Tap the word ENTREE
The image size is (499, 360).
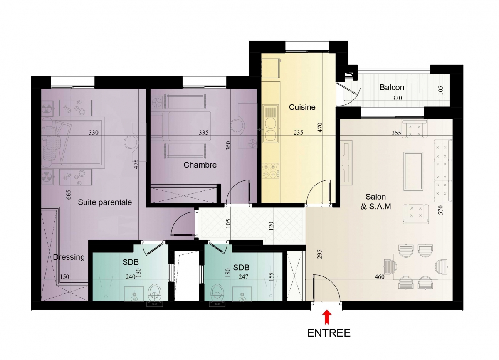pyautogui.click(x=329, y=333)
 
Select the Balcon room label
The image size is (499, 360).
pyautogui.click(x=392, y=87)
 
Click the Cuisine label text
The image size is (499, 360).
pyautogui.click(x=302, y=107)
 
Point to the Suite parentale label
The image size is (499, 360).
pyautogui.click(x=105, y=202)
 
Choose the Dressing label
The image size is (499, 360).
pyautogui.click(x=69, y=257)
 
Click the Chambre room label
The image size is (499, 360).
pyautogui.click(x=200, y=165)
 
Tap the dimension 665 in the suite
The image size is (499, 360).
pyautogui.click(x=69, y=195)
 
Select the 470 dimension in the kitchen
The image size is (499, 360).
pyautogui.click(x=320, y=127)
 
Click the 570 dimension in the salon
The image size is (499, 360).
pyautogui.click(x=440, y=210)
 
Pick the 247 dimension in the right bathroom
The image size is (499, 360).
pyautogui.click(x=243, y=277)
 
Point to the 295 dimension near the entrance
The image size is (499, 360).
pyautogui.click(x=319, y=254)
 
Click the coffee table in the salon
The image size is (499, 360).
pyautogui.click(x=413, y=171)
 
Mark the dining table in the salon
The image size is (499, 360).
pyautogui.click(x=416, y=266)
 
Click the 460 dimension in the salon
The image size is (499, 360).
pyautogui.click(x=380, y=277)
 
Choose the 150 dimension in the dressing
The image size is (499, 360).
pyautogui.click(x=64, y=277)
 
